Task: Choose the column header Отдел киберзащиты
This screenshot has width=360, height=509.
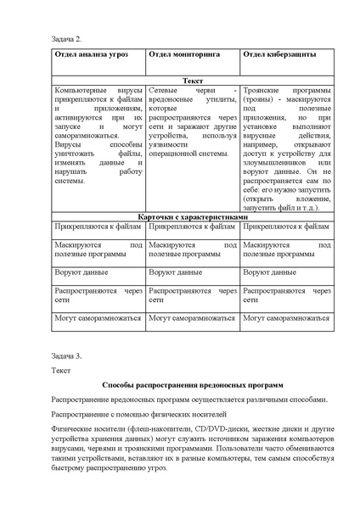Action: click(279, 54)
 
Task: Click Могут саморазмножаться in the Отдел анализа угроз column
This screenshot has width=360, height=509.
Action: click(97, 318)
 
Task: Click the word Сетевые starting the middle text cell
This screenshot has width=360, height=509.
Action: click(164, 89)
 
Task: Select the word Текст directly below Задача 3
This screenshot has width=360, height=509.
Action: click(62, 369)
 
